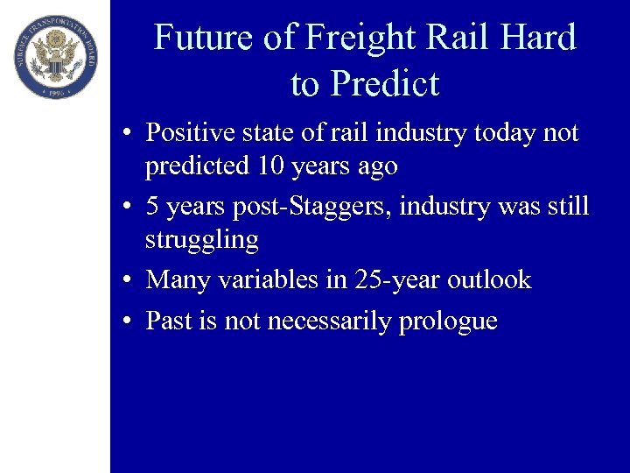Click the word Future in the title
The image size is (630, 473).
tap(197, 39)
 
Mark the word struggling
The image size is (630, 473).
tap(202, 240)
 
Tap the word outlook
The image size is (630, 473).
tap(489, 279)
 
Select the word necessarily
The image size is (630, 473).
tap(330, 321)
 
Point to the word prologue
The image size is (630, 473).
tap(448, 322)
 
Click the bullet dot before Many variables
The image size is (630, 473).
tap(128, 280)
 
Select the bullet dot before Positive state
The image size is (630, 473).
tap(128, 133)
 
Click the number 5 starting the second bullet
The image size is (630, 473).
tap(152, 207)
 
